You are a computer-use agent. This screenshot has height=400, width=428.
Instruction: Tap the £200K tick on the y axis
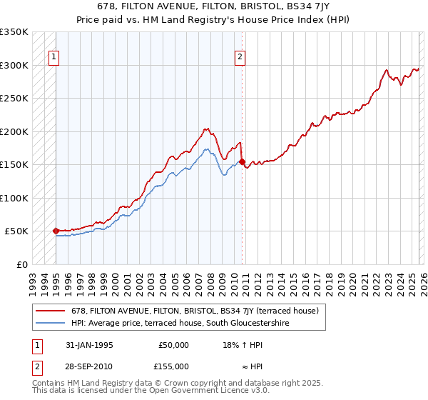click(14, 131)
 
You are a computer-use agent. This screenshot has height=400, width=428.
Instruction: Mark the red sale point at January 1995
click(56, 231)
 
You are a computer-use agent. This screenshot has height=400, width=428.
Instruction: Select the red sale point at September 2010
click(242, 161)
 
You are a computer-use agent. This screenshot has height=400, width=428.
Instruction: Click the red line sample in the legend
click(51, 311)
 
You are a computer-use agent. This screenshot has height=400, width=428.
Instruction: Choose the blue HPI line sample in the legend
click(51, 324)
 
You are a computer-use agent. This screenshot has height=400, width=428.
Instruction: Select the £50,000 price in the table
click(174, 345)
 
